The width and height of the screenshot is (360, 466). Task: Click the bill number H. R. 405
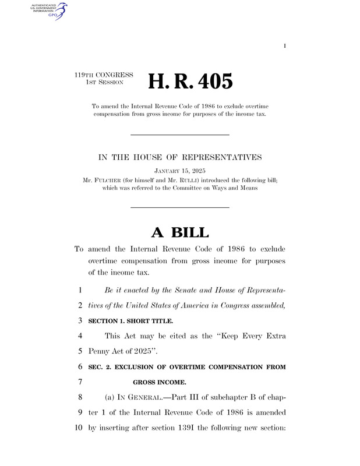click(x=190, y=82)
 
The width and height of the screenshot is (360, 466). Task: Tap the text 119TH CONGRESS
click(x=104, y=75)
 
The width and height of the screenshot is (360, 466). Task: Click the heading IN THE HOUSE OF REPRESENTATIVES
click(x=179, y=157)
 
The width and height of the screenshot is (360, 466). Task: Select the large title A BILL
click(x=179, y=232)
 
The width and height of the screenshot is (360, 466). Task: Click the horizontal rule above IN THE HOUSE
click(x=179, y=135)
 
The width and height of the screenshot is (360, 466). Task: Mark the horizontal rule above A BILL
click(x=179, y=207)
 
